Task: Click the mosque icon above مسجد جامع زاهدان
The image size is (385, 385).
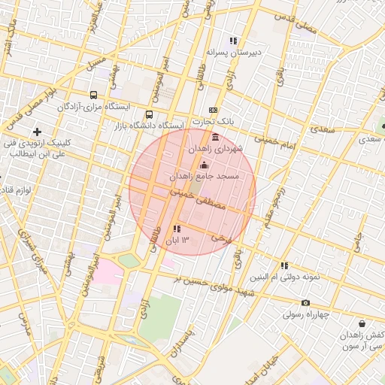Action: click(x=205, y=165)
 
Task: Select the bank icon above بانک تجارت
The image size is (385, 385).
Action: click(x=213, y=110)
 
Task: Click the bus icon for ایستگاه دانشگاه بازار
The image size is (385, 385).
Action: click(x=149, y=115)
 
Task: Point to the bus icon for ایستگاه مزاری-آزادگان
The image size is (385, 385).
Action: click(x=93, y=95)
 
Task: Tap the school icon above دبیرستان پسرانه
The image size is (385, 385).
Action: click(x=234, y=41)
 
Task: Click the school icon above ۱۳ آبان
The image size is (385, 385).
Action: click(x=177, y=229)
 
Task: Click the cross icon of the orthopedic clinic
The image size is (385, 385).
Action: click(x=37, y=132)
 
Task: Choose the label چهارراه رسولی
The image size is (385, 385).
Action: click(x=306, y=314)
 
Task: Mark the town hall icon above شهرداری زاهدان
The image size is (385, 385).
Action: click(x=217, y=138)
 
